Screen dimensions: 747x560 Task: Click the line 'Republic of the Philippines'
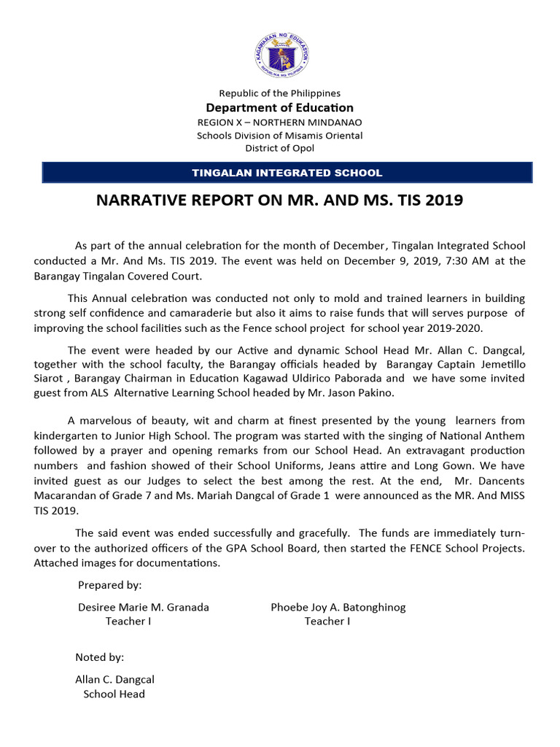point(280,93)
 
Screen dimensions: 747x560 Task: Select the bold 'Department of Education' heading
point(280,108)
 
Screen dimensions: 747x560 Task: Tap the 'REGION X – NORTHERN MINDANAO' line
point(280,122)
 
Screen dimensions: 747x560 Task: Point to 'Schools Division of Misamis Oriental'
point(280,135)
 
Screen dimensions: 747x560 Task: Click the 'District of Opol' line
point(280,148)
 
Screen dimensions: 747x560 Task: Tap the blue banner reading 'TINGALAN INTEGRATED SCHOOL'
point(287,173)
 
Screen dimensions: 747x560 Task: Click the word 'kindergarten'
point(67,436)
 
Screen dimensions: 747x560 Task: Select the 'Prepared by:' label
point(109,585)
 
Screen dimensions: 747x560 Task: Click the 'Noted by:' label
point(100,657)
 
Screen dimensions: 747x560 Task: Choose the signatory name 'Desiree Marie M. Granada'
point(143,607)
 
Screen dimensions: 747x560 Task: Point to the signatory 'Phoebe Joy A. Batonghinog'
point(338,607)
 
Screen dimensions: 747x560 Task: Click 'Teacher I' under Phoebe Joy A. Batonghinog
point(327,622)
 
